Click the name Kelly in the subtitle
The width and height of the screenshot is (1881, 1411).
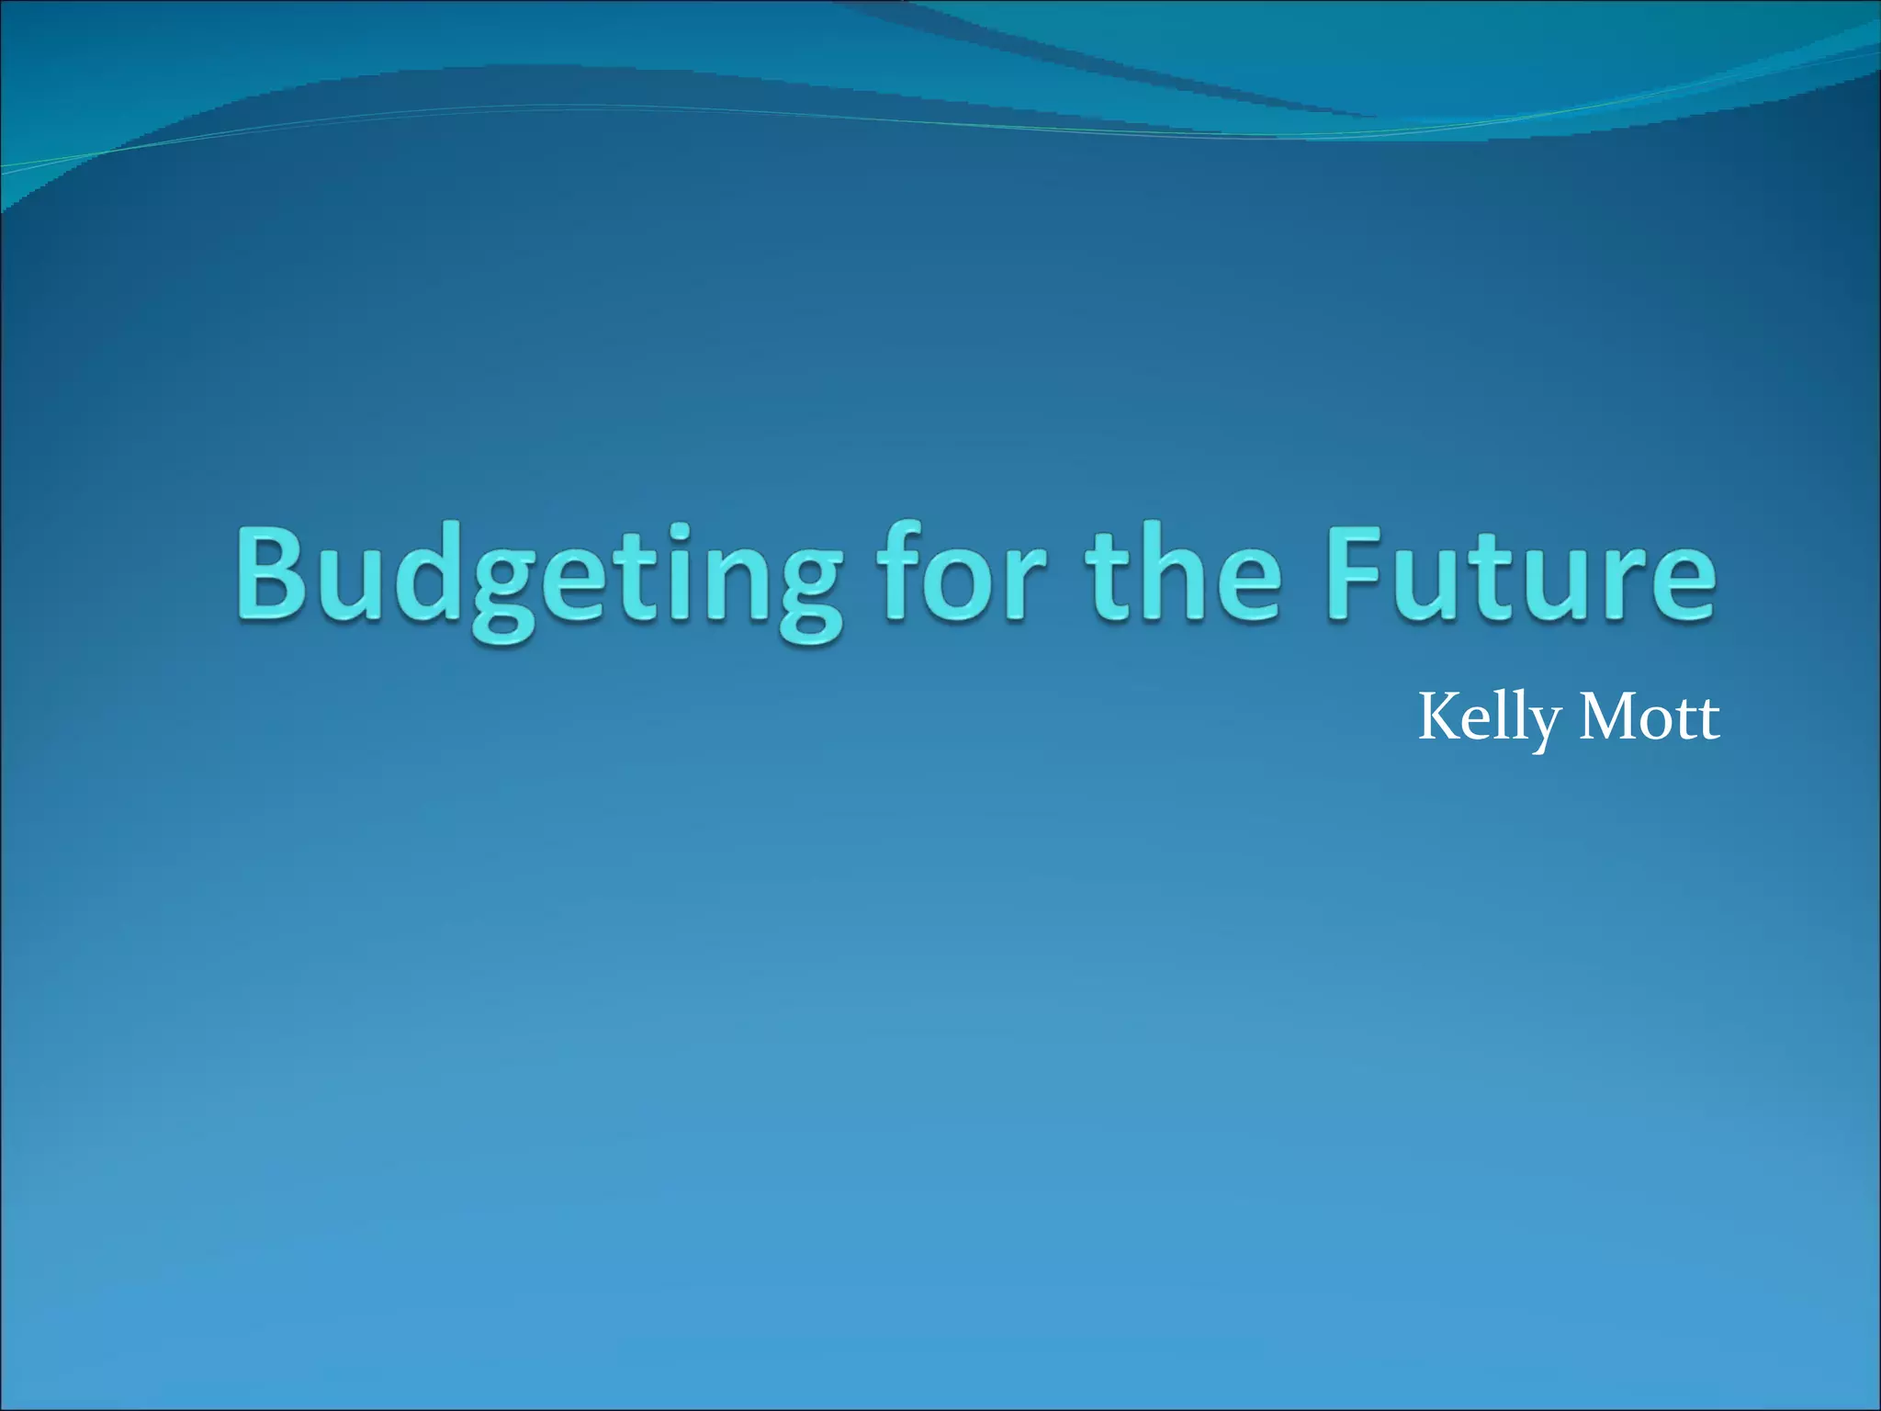point(1489,719)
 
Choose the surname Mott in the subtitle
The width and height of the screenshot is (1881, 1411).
point(1650,717)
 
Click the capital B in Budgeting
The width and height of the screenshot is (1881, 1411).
point(272,574)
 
